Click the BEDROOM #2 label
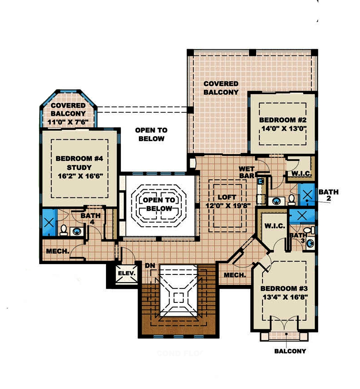(x=283, y=120)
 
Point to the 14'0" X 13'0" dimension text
(x=283, y=128)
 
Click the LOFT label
(x=227, y=197)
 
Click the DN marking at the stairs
(x=150, y=265)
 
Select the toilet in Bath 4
(x=64, y=230)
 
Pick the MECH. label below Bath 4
(x=57, y=252)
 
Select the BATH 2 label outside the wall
(x=328, y=195)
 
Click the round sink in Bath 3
(x=310, y=244)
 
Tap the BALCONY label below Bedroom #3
(x=290, y=351)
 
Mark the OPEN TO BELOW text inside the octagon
(x=157, y=204)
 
